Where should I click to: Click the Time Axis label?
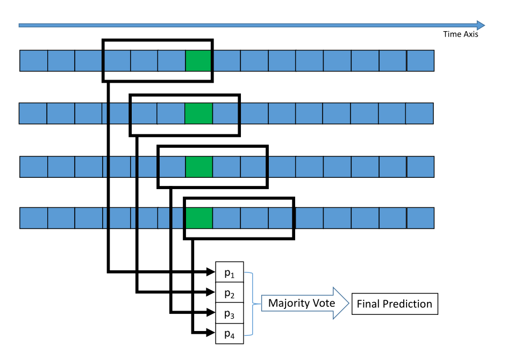click(460, 34)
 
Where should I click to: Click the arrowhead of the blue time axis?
click(480, 25)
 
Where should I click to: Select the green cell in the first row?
click(199, 60)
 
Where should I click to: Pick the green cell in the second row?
click(199, 113)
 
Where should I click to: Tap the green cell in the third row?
click(199, 167)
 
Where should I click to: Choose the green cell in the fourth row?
click(199, 218)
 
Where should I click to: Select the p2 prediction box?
click(230, 293)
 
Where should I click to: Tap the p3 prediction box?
click(230, 313)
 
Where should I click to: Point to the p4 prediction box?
click(230, 334)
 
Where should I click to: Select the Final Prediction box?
click(395, 304)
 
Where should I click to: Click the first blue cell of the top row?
click(33, 60)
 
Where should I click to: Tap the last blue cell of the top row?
click(420, 60)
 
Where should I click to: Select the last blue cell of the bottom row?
click(420, 218)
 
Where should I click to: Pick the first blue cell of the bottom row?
click(33, 218)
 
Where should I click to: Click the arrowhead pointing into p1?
click(211, 272)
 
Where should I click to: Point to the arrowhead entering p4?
click(211, 333)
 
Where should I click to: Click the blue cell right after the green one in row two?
click(226, 113)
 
